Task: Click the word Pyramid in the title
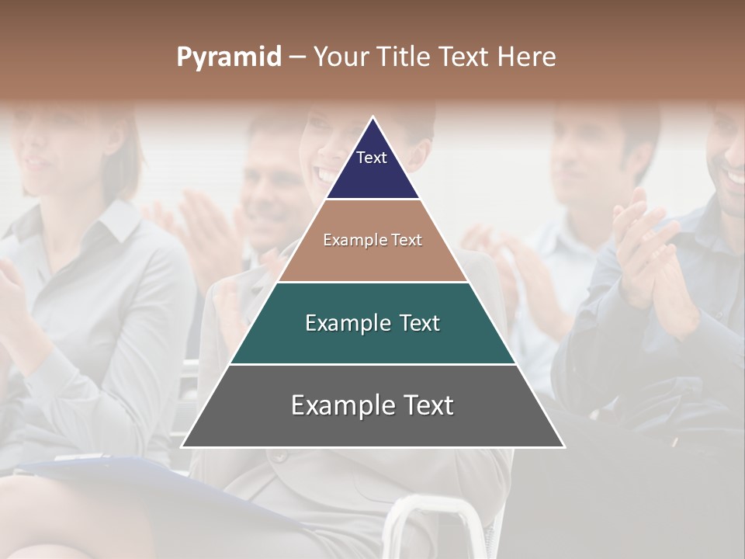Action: [x=228, y=57]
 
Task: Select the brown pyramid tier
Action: [x=372, y=260]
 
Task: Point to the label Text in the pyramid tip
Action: [x=372, y=158]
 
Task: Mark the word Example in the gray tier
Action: [x=338, y=405]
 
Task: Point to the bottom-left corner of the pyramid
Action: [x=182, y=446]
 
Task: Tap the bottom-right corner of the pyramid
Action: [x=563, y=446]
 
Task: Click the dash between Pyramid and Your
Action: [x=296, y=57]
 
